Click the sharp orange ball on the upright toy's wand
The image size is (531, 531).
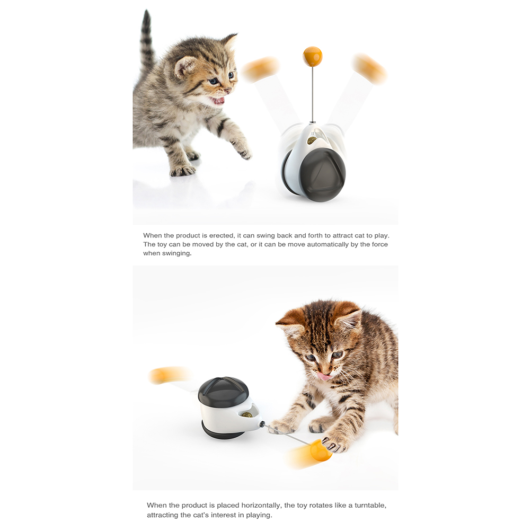click(312, 57)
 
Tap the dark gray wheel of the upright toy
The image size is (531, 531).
click(322, 175)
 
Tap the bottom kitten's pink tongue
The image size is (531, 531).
click(325, 376)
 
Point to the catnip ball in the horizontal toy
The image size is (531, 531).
click(247, 414)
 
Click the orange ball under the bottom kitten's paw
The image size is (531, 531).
click(321, 450)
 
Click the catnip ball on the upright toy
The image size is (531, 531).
click(312, 139)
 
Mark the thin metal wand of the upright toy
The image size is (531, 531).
click(313, 94)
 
